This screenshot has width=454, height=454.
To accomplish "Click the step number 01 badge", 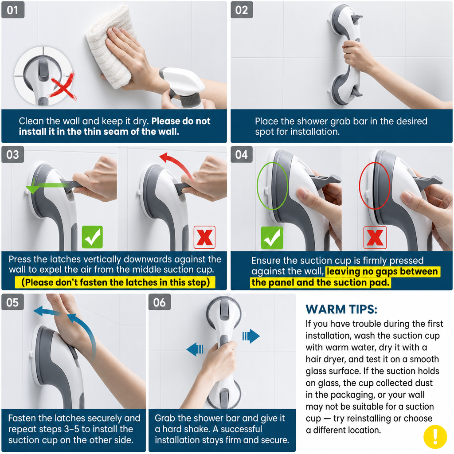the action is tap(13, 10).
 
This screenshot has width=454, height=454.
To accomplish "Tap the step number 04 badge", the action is tap(242, 154).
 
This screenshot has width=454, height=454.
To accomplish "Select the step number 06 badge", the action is tap(160, 302).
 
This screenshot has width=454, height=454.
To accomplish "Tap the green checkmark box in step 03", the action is tap(92, 237).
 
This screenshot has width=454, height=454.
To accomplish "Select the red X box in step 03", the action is tap(204, 237).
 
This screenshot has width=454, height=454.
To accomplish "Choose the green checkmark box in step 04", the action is tap(272, 238).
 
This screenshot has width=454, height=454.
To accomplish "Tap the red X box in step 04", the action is tap(375, 238).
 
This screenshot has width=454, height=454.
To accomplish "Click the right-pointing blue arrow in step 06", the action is tap(251, 336).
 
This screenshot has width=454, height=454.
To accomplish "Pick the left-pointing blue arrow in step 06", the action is tap(195, 349).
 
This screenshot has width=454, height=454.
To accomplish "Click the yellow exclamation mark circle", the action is tap(435, 437).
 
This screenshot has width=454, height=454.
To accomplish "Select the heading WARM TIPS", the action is tap(341, 309).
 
